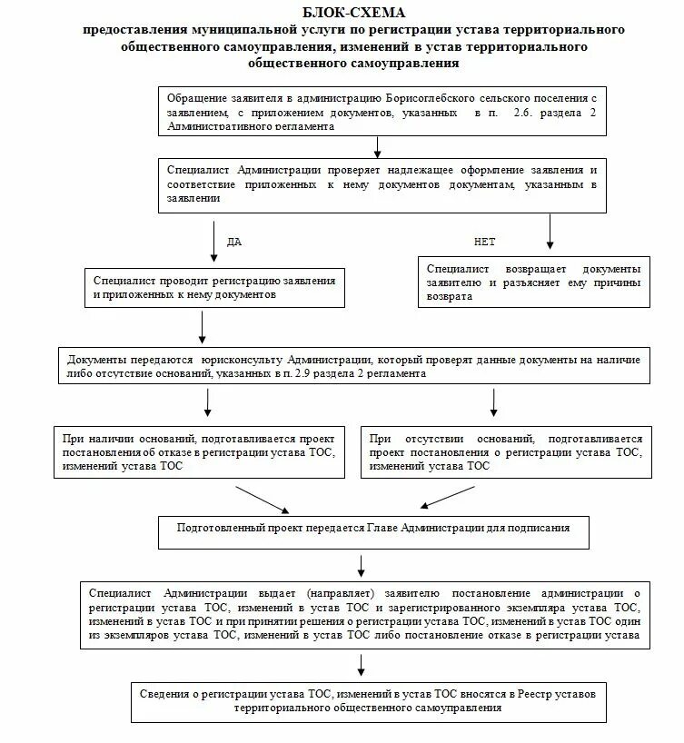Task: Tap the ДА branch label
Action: [x=233, y=243]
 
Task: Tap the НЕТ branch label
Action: [x=484, y=243]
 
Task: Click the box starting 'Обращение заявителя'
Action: [x=377, y=111]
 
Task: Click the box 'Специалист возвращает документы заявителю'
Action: [x=535, y=282]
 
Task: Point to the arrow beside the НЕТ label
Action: [x=550, y=232]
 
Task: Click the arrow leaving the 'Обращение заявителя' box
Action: [x=377, y=145]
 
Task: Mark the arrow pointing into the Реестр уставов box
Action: [x=361, y=666]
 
